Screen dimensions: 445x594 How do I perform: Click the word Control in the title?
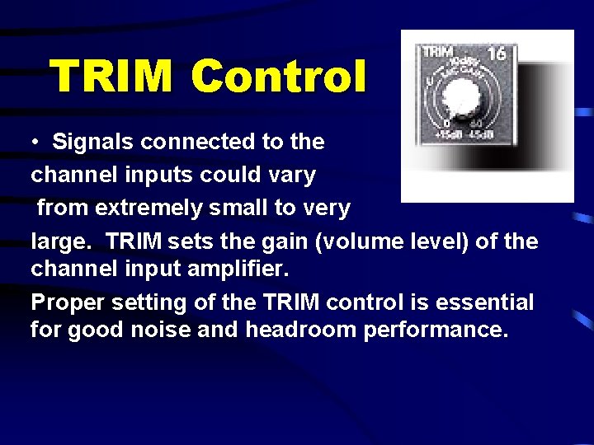click(278, 77)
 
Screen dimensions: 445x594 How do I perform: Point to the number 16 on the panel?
click(496, 54)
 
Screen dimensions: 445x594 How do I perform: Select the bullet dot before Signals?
click(37, 143)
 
